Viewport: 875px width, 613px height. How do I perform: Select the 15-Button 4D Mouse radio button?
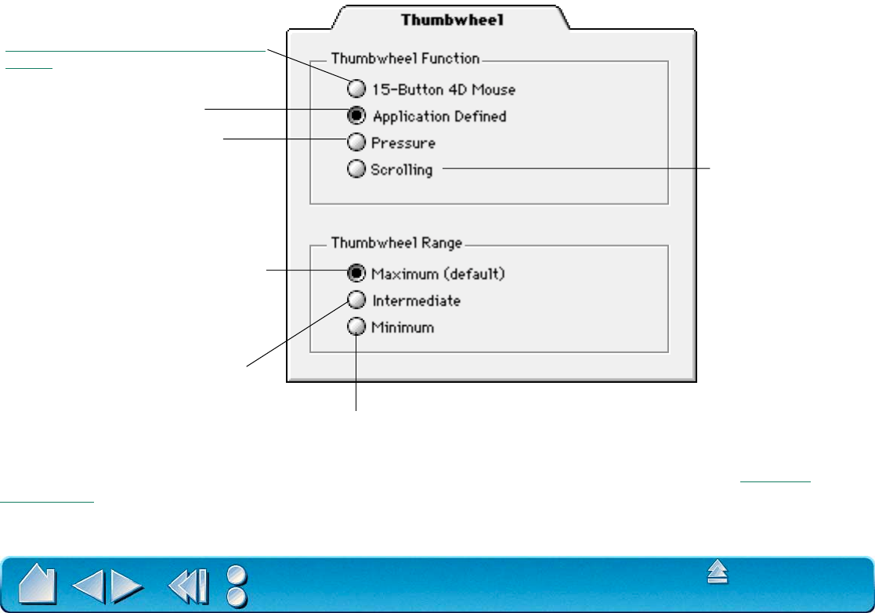click(x=356, y=88)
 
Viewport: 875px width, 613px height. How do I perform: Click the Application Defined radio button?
click(x=356, y=116)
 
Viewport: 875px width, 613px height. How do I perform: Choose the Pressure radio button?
click(x=356, y=142)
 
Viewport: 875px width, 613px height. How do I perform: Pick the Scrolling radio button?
click(x=356, y=168)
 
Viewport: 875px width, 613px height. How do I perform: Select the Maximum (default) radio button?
click(x=356, y=273)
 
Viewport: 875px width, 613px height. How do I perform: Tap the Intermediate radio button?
click(x=356, y=300)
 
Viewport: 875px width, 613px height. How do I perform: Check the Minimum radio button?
click(x=356, y=327)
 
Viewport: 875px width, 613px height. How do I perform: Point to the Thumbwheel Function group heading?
click(x=405, y=57)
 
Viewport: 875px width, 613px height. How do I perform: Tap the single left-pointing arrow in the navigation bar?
click(x=88, y=584)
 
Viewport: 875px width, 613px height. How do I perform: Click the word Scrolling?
click(x=402, y=169)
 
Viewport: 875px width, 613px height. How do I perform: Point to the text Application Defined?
click(x=439, y=117)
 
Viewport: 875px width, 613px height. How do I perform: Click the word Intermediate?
click(x=416, y=301)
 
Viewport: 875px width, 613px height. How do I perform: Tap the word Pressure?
click(x=403, y=143)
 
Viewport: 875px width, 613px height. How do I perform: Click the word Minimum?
click(x=403, y=328)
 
